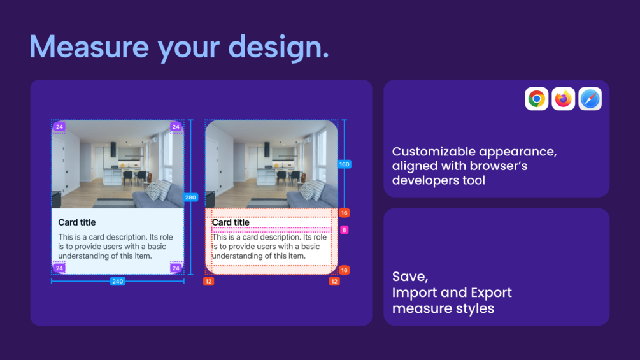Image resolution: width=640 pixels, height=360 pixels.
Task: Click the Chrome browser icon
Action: [536, 99]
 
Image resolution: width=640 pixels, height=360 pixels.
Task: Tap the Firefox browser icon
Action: [564, 99]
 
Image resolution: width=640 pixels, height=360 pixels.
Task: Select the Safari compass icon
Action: [590, 99]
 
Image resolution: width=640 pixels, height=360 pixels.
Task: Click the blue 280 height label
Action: [190, 198]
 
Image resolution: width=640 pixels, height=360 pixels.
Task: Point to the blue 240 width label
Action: [118, 281]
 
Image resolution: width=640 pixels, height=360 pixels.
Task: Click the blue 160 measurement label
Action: [344, 164]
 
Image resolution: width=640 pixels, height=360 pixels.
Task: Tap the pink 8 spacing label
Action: [344, 230]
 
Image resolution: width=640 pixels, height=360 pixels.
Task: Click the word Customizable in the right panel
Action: [434, 152]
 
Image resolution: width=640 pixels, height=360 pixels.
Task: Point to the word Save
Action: [409, 277]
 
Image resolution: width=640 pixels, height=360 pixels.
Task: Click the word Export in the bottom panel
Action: [491, 293]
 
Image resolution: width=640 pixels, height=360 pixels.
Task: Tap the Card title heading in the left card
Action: [76, 222]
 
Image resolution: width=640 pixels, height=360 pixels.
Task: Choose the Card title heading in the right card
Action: [231, 222]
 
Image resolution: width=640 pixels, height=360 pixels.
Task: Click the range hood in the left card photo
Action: [113, 149]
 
